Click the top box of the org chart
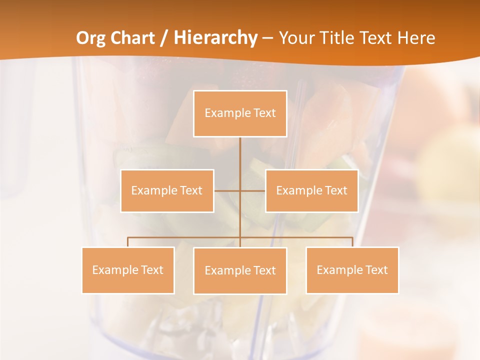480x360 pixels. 240,113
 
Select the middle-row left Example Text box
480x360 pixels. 167,190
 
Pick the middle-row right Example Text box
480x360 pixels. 311,190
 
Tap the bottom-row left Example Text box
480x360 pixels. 128,270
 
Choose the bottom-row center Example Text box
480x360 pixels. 240,270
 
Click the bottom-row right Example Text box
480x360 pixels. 352,270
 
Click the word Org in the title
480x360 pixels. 90,38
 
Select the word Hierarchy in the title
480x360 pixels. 215,38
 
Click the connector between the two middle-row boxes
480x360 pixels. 227,190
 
